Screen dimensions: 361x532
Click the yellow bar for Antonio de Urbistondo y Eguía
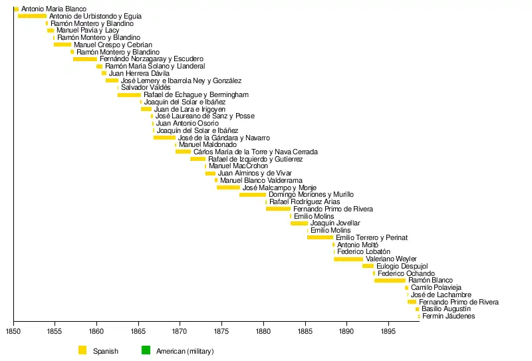tap(32, 16)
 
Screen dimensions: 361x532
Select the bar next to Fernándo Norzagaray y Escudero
tap(84, 59)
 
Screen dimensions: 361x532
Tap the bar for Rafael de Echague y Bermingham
tap(129, 95)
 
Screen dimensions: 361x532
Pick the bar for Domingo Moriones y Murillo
tap(253, 195)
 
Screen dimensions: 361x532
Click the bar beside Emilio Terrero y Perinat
tap(320, 237)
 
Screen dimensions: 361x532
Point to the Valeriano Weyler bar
tap(348, 259)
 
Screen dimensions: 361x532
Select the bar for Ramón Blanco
tap(390, 281)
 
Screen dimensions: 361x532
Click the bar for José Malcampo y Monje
tap(228, 187)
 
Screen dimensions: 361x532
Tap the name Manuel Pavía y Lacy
tap(88, 31)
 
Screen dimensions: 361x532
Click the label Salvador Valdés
tap(141, 88)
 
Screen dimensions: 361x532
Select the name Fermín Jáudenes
tap(449, 316)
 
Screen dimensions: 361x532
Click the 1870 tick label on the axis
tap(180, 331)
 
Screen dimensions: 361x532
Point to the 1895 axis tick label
tap(388, 331)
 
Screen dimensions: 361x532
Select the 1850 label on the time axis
tap(13, 331)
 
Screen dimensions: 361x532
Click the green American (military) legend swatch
tap(146, 350)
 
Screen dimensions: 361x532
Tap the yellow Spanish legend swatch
tap(82, 350)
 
